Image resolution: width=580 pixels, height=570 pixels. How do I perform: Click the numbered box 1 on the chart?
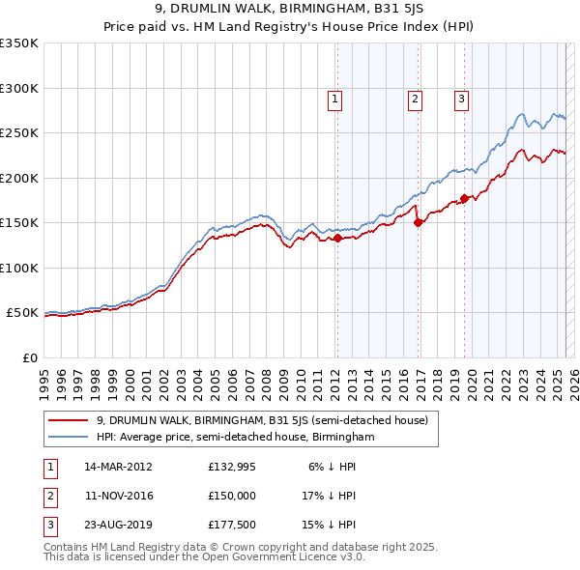(334, 98)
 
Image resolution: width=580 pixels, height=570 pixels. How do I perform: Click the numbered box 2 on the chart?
(415, 98)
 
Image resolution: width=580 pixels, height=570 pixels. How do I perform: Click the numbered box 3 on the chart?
(461, 98)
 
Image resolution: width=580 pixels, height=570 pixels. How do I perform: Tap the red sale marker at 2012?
(337, 239)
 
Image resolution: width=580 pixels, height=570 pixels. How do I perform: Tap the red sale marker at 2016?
(419, 222)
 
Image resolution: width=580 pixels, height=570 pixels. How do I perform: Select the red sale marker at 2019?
(465, 198)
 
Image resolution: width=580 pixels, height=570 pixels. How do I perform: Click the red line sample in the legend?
(70, 420)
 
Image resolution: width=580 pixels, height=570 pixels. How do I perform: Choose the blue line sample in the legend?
(70, 437)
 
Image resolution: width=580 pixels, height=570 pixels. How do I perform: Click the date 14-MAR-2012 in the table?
(119, 467)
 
